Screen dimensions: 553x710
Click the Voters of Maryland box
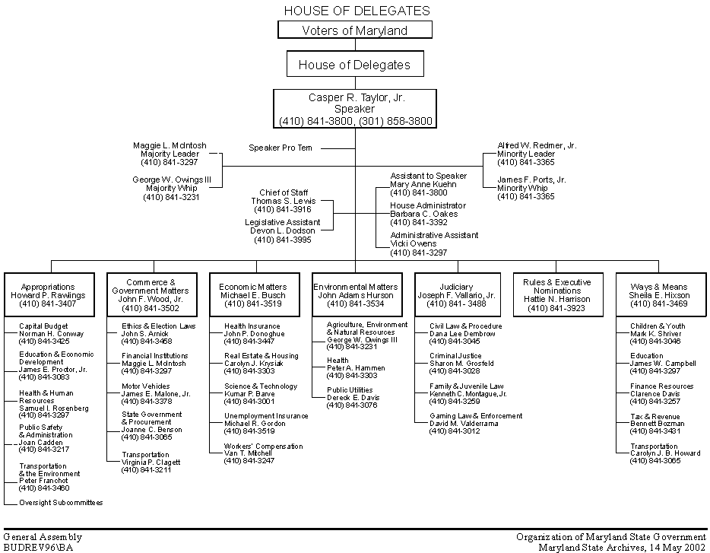tap(355, 30)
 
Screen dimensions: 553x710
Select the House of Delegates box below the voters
tap(354, 65)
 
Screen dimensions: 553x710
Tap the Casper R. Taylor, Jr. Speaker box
tap(355, 109)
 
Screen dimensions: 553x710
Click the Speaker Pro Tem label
tap(281, 148)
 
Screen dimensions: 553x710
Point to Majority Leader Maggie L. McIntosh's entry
tap(170, 154)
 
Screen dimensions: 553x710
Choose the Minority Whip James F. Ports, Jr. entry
tap(531, 188)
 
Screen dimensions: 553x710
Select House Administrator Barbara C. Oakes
tap(428, 214)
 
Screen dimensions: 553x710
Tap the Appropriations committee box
tap(50, 295)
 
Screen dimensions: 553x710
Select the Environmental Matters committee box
tap(356, 295)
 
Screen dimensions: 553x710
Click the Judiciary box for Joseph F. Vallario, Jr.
tap(456, 295)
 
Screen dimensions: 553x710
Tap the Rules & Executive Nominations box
tap(557, 295)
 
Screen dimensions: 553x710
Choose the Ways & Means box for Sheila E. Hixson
tap(659, 295)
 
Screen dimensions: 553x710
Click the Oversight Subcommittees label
tap(61, 503)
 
